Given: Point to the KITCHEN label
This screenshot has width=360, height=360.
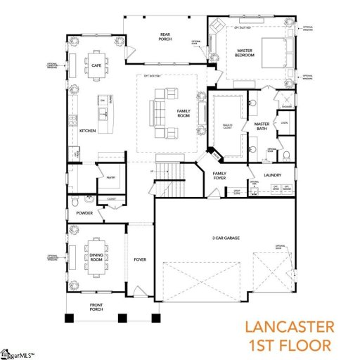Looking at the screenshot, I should tap(87, 131).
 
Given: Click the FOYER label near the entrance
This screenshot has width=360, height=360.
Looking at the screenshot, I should tap(140, 259).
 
